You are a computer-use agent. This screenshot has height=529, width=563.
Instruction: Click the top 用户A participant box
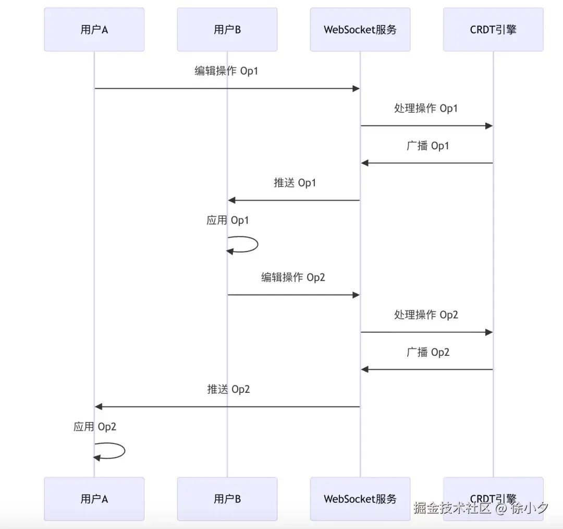point(94,30)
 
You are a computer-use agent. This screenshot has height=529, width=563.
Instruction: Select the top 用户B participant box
point(227,30)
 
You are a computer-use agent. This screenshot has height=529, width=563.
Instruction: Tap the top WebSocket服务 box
point(360,30)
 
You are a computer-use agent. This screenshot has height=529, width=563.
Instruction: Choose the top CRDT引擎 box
point(493,30)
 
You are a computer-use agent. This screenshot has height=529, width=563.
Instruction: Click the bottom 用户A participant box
point(94,499)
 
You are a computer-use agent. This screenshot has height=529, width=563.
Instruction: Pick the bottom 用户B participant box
point(227,499)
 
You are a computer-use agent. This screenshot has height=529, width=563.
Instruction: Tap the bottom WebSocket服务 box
point(360,499)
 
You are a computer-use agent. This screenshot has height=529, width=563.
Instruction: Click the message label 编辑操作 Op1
point(226,71)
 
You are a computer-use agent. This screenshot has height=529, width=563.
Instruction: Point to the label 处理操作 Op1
point(426,109)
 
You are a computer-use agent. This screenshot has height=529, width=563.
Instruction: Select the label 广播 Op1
point(427,146)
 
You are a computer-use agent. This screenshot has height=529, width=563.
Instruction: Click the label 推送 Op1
point(295,183)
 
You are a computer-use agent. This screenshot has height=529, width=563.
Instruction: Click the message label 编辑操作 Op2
point(293,278)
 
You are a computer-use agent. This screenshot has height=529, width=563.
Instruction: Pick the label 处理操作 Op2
point(426,315)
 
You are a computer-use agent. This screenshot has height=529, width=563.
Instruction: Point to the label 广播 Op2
point(427,353)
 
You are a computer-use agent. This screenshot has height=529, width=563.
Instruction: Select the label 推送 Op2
point(228,389)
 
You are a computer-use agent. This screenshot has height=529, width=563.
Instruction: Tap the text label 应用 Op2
point(94,427)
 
